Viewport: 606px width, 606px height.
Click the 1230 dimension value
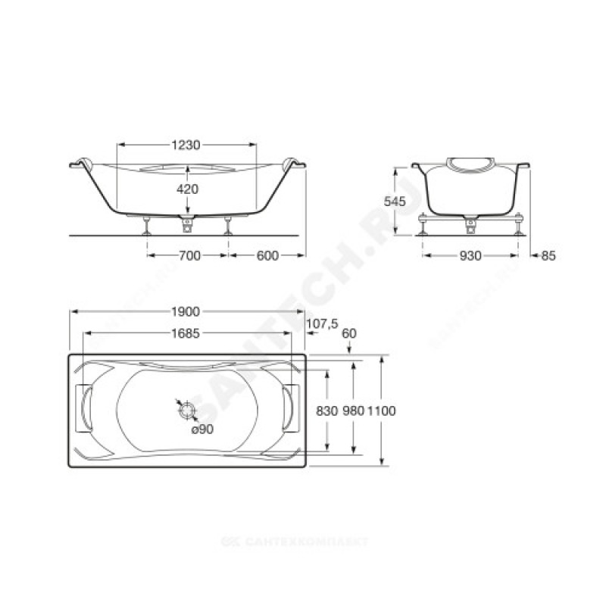tap(186, 145)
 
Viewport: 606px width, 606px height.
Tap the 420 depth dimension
tap(187, 189)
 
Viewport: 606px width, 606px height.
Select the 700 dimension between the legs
tap(190, 255)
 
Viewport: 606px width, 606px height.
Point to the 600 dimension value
tap(267, 255)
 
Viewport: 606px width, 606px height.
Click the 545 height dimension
tap(395, 201)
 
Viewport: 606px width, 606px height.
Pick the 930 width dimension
tap(470, 255)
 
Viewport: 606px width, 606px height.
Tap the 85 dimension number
tap(548, 255)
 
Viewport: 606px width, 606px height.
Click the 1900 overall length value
tap(186, 311)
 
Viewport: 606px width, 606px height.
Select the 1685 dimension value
tap(186, 333)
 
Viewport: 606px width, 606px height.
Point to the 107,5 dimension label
tap(323, 323)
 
